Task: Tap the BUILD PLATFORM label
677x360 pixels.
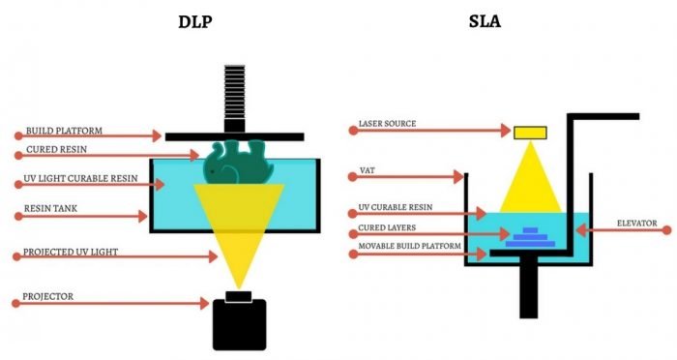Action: (x=64, y=131)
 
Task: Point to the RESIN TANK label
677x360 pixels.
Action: (x=53, y=208)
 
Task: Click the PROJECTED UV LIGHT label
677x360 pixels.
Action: (x=71, y=251)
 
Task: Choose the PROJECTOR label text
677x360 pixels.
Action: (x=47, y=295)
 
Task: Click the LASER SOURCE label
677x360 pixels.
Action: (x=387, y=124)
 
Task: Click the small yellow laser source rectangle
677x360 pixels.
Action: (x=529, y=132)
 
